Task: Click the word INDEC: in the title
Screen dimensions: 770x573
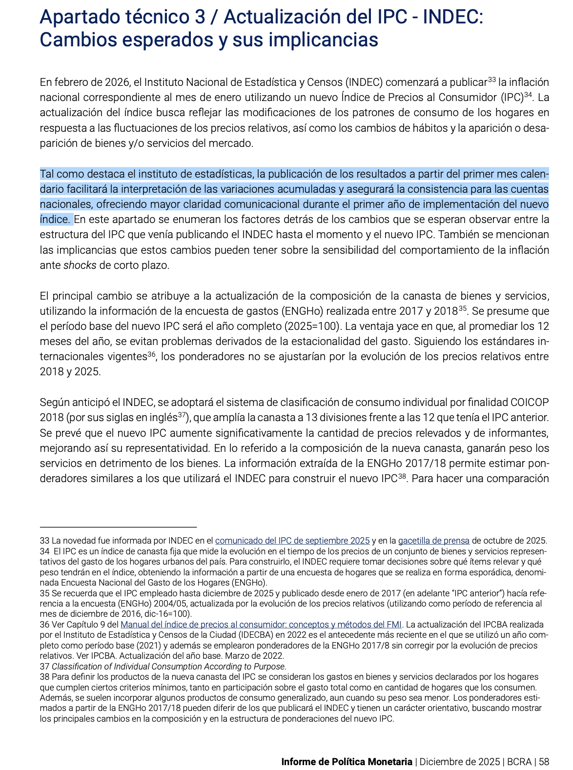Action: pos(452,18)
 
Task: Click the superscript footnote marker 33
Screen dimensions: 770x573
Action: pos(492,79)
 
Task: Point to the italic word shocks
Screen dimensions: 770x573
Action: pos(80,266)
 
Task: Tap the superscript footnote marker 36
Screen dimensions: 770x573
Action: pos(152,353)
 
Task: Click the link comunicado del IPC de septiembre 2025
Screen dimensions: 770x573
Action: pos(292,541)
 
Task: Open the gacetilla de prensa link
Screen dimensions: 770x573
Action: pos(434,541)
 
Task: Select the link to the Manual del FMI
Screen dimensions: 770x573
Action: pos(261,625)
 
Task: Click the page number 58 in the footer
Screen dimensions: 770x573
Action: pos(544,762)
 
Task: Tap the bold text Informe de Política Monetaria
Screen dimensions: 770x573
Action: pos(347,762)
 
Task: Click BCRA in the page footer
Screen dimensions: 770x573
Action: pos(519,762)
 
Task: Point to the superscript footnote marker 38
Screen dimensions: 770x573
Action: pos(402,475)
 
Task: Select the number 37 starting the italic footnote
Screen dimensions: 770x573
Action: pos(44,667)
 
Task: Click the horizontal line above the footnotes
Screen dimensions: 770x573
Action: pos(118,527)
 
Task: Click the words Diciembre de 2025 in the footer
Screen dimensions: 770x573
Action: pos(459,762)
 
